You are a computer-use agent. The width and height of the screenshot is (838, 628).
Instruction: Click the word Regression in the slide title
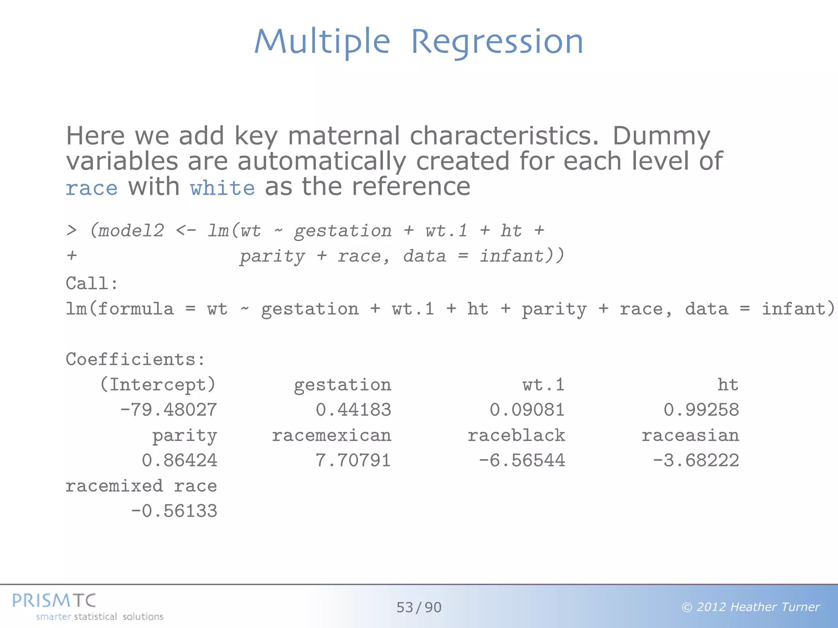[x=497, y=42]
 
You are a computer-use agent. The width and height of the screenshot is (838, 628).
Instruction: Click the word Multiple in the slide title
[x=322, y=42]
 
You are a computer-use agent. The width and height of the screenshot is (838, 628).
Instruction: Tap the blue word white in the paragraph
[x=222, y=188]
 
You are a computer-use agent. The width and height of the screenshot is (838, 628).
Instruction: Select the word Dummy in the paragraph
[x=661, y=136]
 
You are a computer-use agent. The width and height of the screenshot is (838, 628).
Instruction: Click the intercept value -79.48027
[x=169, y=410]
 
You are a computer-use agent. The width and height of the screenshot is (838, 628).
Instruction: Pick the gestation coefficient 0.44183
[x=353, y=410]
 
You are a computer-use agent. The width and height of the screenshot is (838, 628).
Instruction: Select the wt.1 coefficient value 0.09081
[x=527, y=410]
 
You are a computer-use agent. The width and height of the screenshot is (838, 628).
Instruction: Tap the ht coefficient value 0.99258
[x=701, y=410]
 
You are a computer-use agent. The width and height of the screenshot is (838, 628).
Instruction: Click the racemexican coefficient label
[x=331, y=435]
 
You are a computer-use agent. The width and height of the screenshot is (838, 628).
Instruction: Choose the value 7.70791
[x=353, y=460]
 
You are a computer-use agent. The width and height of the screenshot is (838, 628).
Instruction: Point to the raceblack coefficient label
[x=516, y=435]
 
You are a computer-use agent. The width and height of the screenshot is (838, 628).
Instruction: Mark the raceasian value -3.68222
[x=696, y=460]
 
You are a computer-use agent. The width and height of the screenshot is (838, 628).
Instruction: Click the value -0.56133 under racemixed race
[x=174, y=511]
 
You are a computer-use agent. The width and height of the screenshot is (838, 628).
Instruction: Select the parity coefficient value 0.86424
[x=179, y=460]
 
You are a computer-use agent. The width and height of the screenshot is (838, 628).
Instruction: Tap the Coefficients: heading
[x=135, y=359]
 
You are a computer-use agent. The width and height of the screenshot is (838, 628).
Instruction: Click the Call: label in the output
[x=92, y=283]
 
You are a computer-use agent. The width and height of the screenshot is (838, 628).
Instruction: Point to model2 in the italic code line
[x=131, y=231]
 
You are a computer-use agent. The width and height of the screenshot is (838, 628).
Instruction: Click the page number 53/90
[x=419, y=608]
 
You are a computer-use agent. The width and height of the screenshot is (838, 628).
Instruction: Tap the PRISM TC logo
[x=54, y=601]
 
